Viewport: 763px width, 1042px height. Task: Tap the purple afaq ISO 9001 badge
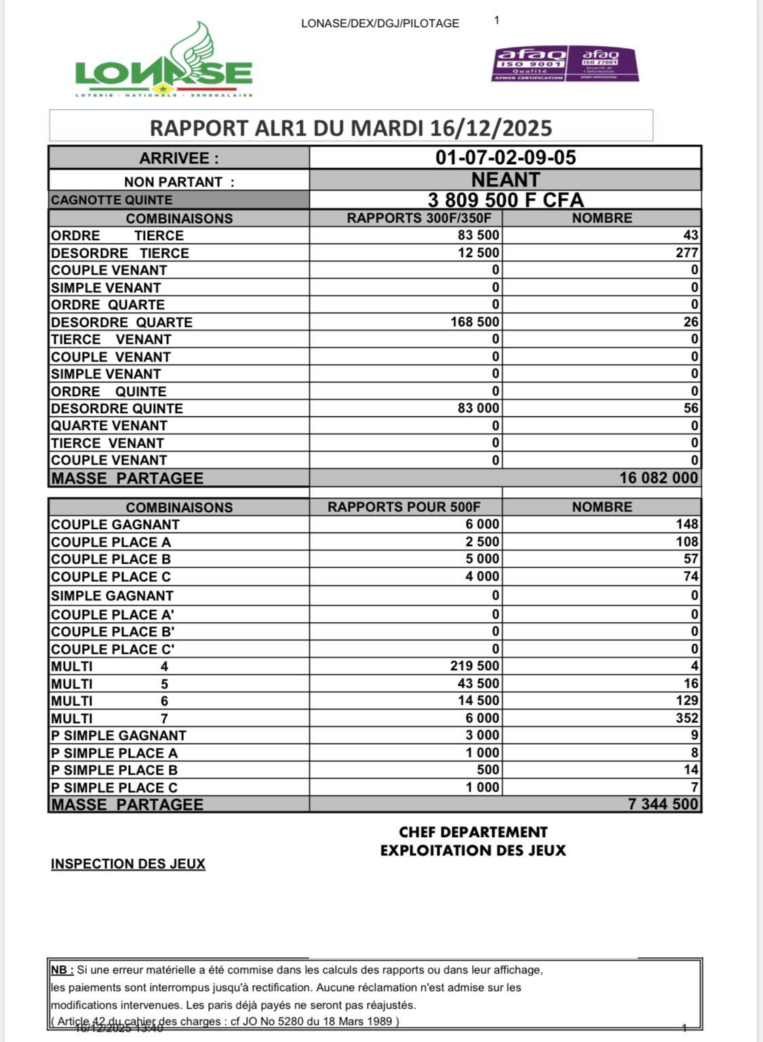[529, 64]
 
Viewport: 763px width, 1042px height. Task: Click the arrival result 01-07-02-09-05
[505, 157]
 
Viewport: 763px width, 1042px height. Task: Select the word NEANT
[505, 180]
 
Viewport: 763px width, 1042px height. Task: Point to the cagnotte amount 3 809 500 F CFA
[505, 200]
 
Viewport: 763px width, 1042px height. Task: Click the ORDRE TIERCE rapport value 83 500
[478, 235]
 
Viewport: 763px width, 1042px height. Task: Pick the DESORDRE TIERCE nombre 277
[686, 253]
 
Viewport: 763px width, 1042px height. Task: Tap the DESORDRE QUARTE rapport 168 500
[475, 322]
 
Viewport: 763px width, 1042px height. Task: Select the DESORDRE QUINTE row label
[117, 408]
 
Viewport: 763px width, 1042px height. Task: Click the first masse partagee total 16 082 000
[658, 478]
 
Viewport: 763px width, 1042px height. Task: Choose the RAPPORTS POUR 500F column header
[404, 507]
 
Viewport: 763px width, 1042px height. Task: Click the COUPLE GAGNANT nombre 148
[686, 524]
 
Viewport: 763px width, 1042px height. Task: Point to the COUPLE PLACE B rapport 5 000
[482, 559]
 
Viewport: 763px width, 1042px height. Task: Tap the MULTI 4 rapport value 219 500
[475, 666]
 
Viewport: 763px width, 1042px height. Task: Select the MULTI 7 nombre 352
[686, 718]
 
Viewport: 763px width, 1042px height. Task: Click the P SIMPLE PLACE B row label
[114, 770]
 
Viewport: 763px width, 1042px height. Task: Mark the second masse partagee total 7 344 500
[663, 805]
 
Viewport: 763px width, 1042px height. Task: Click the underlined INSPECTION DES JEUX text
[128, 864]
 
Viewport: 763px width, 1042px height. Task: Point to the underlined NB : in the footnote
[62, 970]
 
